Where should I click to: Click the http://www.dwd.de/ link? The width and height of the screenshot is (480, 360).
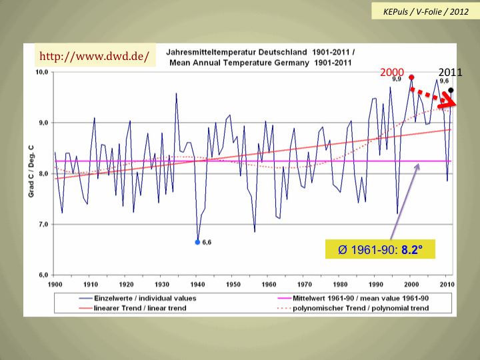click(93, 55)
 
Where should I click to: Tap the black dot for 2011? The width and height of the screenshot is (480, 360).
click(451, 90)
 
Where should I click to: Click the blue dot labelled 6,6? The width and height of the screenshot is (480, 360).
click(197, 242)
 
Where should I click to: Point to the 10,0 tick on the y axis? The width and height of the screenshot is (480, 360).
click(41, 72)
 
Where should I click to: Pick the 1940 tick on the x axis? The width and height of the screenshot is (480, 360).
click(197, 284)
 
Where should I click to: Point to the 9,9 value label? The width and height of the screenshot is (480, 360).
click(396, 79)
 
